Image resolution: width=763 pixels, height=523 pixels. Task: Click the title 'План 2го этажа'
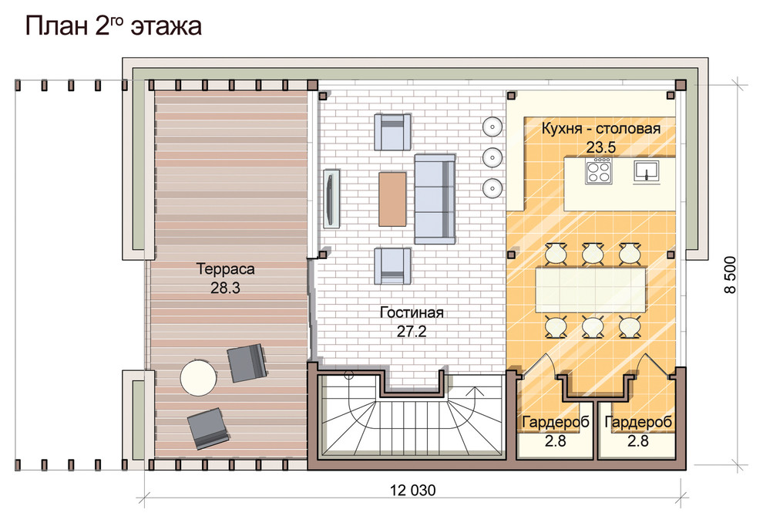pos(113,25)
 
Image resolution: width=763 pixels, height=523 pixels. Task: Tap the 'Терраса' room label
pos(225,268)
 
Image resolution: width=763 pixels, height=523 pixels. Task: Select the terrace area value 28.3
pos(225,288)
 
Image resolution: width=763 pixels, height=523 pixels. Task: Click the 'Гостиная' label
pos(412,312)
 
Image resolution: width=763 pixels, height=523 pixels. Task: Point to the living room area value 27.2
pos(412,331)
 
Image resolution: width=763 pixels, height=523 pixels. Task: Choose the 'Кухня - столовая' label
pos(601,129)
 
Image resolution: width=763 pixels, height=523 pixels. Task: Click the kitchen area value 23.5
pos(601,147)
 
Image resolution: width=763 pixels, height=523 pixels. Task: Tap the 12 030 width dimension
pos(412,490)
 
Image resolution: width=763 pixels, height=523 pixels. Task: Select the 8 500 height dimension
pos(731,275)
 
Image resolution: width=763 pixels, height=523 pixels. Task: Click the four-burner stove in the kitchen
pos(599,171)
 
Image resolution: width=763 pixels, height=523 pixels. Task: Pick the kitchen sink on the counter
pos(646,172)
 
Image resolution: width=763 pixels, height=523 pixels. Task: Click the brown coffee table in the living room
pos(392,199)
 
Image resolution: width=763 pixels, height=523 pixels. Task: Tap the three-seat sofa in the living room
pos(435,199)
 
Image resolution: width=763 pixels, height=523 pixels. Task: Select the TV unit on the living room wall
pos(331,199)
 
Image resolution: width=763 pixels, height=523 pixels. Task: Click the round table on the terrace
pos(199,377)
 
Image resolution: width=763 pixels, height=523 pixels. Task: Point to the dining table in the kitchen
pos(590,290)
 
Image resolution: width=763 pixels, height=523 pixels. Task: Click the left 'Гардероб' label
pos(555,422)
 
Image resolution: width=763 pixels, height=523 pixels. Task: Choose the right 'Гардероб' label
pos(638,422)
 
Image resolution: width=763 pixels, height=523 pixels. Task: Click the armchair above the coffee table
pos(392,132)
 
